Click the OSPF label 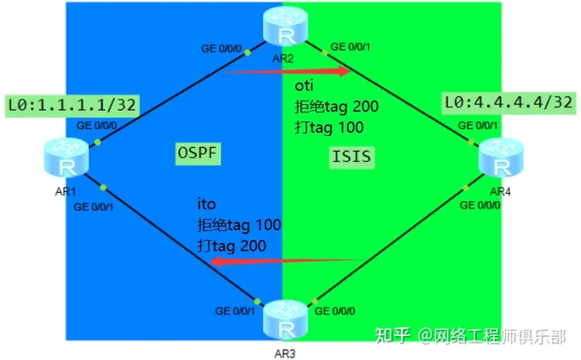(199, 153)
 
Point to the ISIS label (352, 156)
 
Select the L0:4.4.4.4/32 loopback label (508, 103)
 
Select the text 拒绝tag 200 (336, 107)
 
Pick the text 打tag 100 (328, 127)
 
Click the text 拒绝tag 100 (239, 225)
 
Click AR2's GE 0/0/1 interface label (352, 47)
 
